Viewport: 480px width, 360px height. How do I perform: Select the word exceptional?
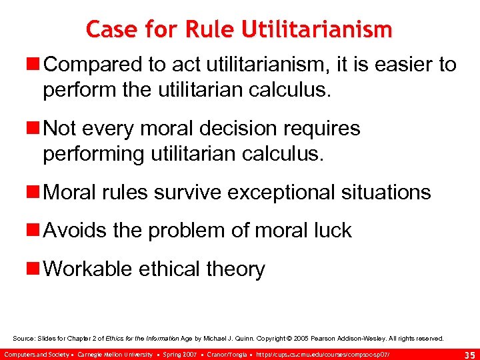point(284,193)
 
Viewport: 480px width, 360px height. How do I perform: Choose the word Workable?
point(88,269)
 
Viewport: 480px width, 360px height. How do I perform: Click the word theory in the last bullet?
point(237,269)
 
